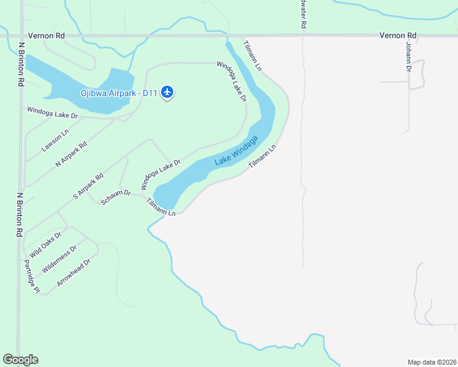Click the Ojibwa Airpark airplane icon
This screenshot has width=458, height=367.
click(x=168, y=93)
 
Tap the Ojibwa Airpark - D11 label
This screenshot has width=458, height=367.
click(x=119, y=94)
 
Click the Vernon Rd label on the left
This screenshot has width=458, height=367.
click(x=51, y=36)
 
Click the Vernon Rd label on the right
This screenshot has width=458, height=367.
click(x=397, y=36)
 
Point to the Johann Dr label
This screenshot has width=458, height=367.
click(x=408, y=56)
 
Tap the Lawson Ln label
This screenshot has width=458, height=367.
click(x=54, y=140)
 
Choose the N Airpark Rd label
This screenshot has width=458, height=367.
click(x=72, y=154)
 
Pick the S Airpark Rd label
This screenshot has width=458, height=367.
click(x=88, y=187)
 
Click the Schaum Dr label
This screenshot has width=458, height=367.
click(x=116, y=197)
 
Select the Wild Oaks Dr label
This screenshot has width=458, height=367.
click(x=46, y=244)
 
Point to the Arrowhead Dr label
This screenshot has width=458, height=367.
click(x=73, y=273)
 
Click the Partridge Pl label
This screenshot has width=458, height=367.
click(x=31, y=275)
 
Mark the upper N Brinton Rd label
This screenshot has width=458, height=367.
click(x=21, y=63)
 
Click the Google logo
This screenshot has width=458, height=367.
click(x=20, y=360)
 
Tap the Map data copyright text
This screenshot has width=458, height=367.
click(x=431, y=361)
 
